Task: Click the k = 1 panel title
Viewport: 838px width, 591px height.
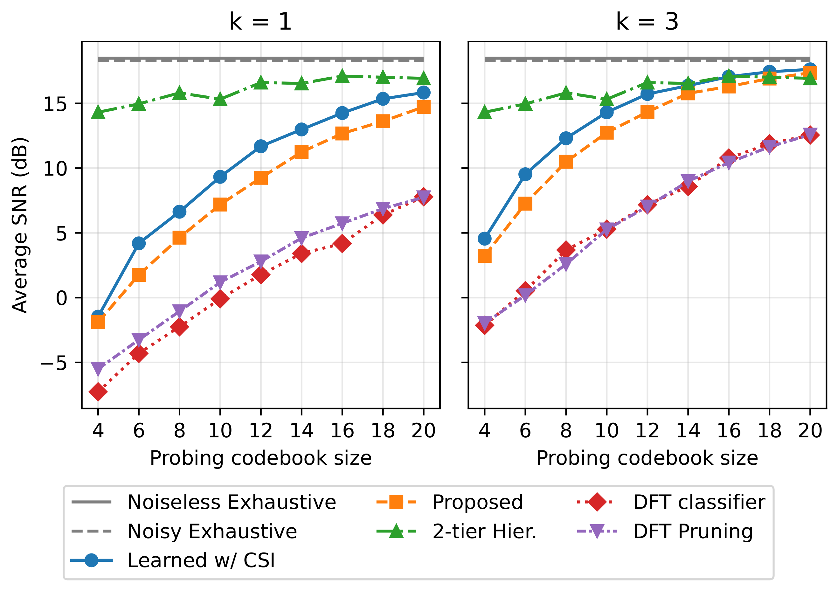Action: [260, 22]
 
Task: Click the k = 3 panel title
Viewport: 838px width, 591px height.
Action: [647, 22]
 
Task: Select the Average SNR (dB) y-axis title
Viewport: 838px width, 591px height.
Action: [20, 225]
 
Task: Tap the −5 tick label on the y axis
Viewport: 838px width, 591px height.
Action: [54, 363]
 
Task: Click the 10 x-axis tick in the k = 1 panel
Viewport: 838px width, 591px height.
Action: [220, 430]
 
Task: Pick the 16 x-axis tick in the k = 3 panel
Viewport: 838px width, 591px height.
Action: [728, 430]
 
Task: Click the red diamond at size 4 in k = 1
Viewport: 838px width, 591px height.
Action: [98, 392]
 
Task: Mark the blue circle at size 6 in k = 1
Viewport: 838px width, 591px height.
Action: [139, 243]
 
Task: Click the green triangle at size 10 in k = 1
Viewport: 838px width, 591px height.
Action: [220, 99]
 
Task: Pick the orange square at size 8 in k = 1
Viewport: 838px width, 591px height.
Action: [179, 238]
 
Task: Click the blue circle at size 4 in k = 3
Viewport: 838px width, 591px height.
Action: [484, 239]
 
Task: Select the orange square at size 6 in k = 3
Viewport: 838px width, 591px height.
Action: [525, 203]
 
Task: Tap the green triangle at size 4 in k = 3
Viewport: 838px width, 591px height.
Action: [484, 112]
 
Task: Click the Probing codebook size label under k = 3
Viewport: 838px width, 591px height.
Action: [647, 458]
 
